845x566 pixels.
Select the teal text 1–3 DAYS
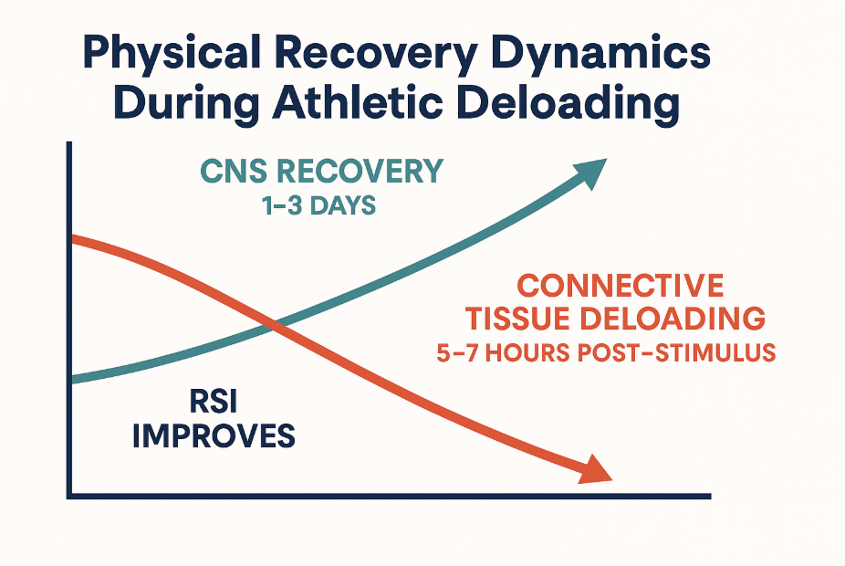(316, 205)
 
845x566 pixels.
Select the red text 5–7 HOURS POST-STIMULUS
(606, 353)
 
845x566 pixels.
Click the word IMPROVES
(214, 435)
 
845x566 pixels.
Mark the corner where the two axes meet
(69, 496)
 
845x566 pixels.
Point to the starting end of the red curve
(73, 239)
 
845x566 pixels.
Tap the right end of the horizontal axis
(708, 496)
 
